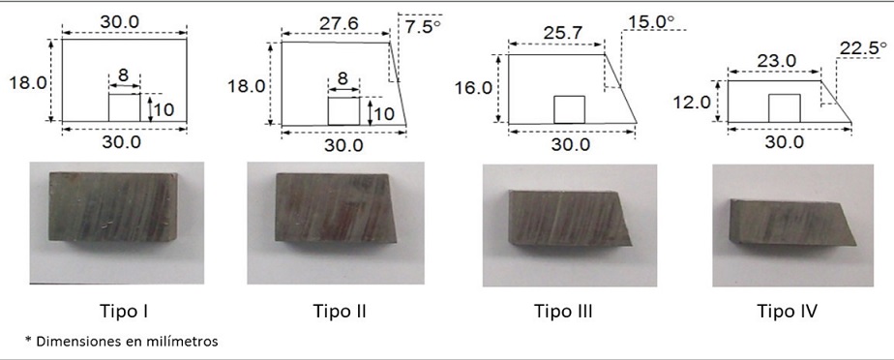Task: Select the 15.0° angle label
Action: coord(651,21)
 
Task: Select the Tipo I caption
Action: coord(125,312)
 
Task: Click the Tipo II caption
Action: coord(341,312)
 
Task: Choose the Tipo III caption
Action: coord(563,312)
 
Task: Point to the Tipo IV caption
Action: coord(788,312)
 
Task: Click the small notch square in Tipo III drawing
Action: coord(570,109)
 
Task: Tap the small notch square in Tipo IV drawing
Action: coord(785,108)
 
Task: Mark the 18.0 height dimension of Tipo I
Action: coord(27,81)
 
